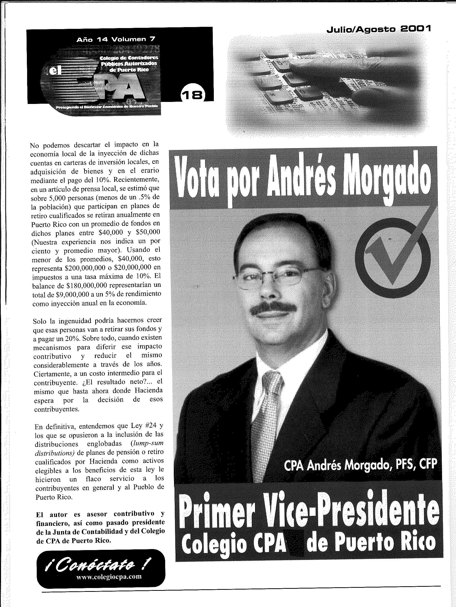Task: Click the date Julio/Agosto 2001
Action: coord(378,29)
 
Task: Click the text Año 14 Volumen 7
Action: coord(116,39)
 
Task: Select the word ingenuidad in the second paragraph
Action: coord(74,320)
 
